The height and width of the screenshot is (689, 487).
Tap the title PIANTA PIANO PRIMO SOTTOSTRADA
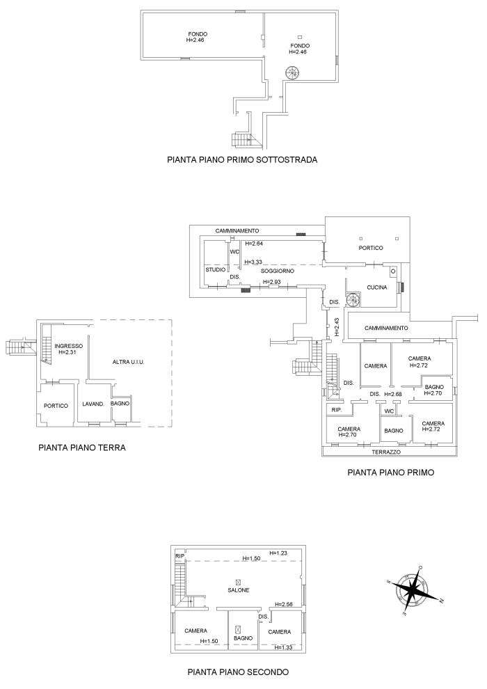coord(242,159)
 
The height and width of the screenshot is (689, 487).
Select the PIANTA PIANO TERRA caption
coord(82,448)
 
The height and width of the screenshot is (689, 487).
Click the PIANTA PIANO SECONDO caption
coord(238,672)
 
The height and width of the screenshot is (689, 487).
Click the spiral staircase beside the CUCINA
coord(354,299)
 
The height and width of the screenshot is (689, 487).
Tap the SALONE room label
coord(238,590)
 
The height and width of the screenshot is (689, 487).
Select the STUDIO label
coord(214,270)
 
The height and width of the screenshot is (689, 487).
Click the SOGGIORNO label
coord(278,270)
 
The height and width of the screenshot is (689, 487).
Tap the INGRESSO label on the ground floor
coord(69,346)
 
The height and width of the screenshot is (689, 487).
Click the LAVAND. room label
coord(93,404)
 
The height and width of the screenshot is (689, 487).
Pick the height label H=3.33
coord(253,262)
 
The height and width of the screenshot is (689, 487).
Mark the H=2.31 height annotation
coord(69,353)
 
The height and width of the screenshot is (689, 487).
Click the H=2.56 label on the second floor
coord(284,605)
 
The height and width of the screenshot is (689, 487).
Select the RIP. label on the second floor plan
coord(179,556)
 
